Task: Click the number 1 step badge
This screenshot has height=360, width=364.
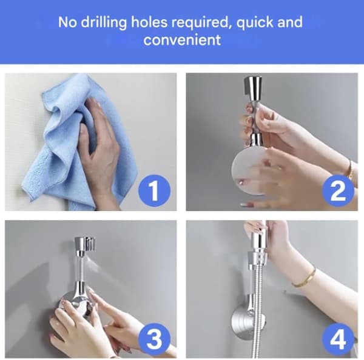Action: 154,191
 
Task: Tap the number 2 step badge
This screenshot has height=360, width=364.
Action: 338,191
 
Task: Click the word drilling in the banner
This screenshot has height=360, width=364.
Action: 104,23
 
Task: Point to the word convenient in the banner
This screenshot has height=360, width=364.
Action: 182,39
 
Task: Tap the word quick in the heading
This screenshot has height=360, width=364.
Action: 255,23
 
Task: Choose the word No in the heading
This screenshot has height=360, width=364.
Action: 67,22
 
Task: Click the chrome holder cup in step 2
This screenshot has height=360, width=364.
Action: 253,88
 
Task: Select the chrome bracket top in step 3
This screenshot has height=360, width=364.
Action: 85,246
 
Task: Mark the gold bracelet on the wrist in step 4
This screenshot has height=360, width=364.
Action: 304,278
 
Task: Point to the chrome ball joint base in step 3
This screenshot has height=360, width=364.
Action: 78,302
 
